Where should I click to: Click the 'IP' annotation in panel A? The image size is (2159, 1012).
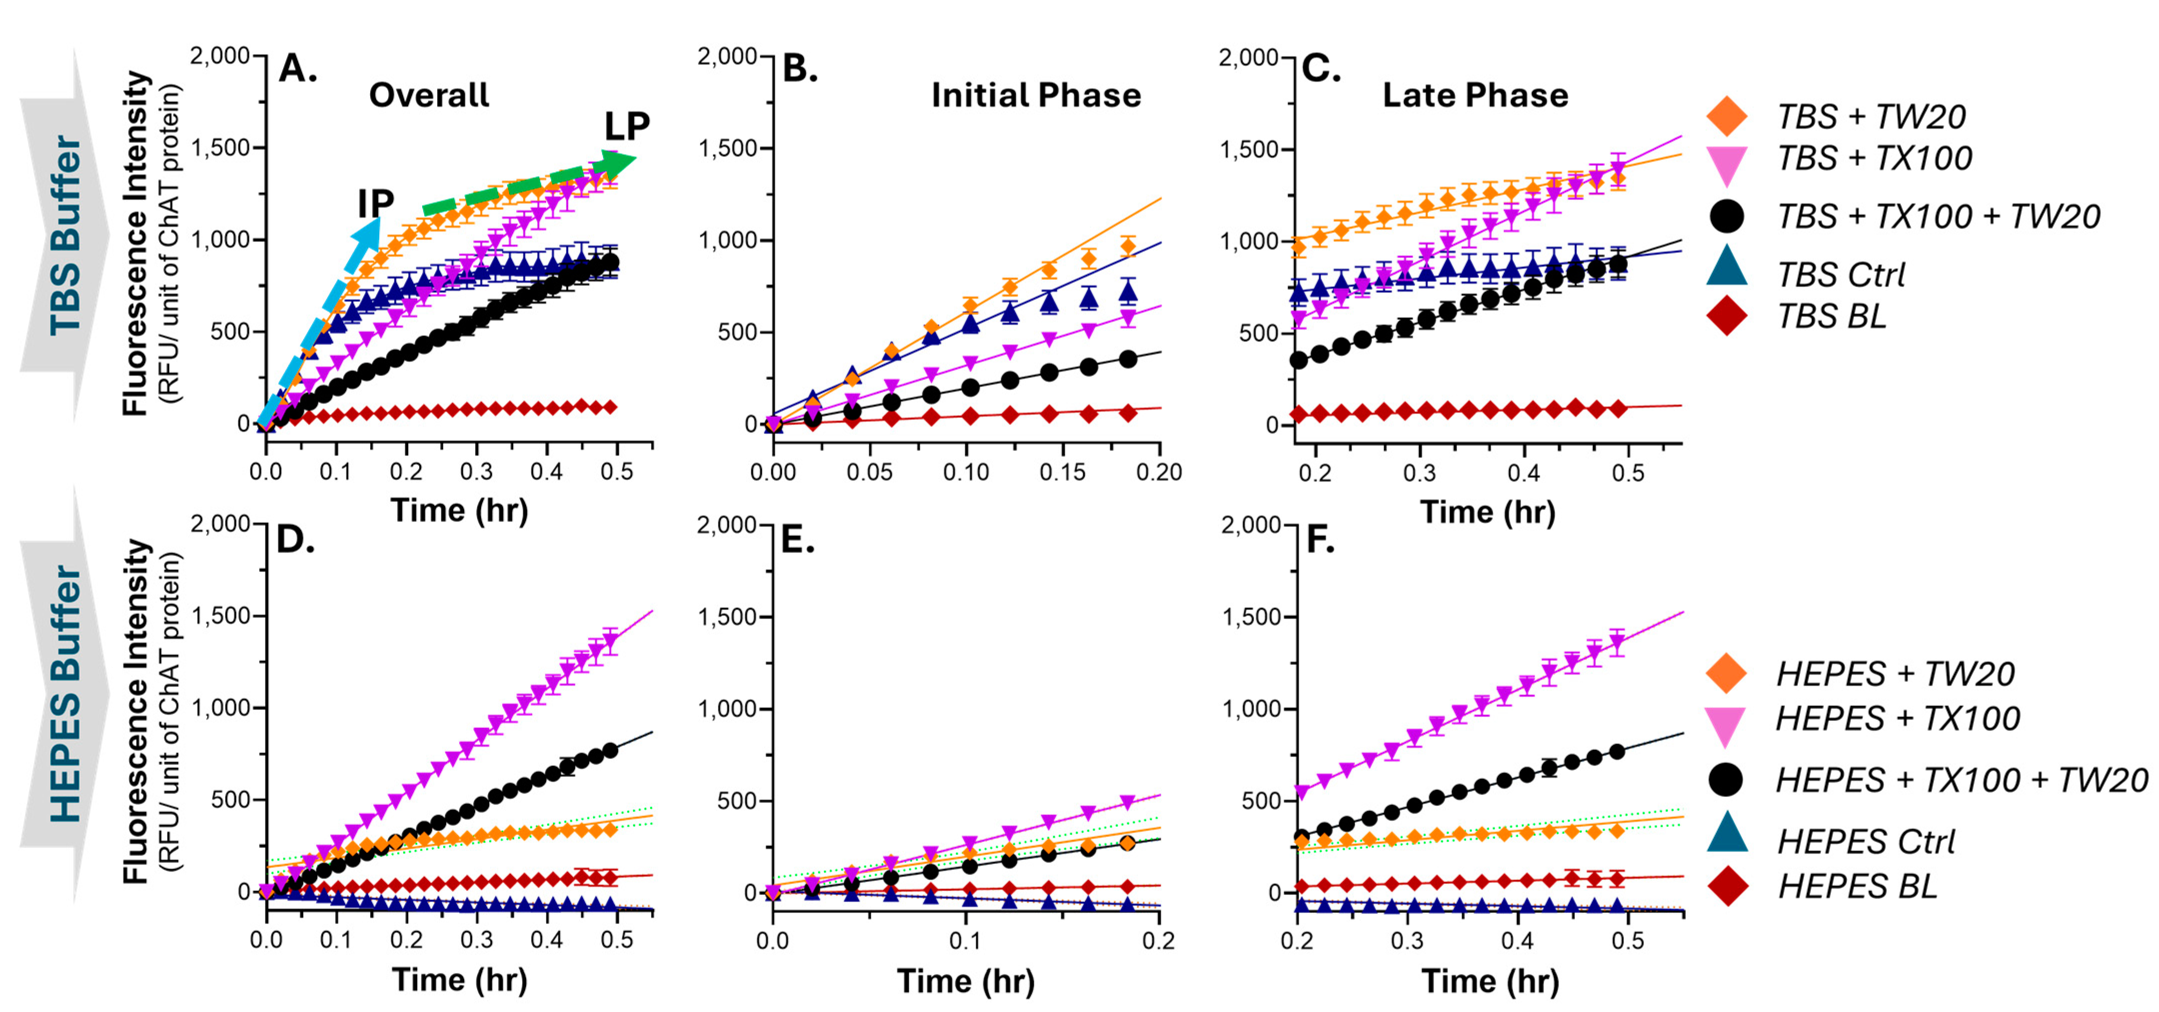click(x=375, y=203)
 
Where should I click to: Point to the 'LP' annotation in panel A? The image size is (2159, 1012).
click(x=627, y=126)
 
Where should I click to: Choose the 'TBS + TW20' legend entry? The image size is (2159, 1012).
click(x=1871, y=116)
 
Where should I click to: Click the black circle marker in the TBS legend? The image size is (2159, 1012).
click(x=1726, y=216)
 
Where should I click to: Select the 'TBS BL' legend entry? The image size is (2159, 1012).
click(x=1831, y=316)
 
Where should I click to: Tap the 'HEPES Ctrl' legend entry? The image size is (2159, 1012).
click(x=1866, y=841)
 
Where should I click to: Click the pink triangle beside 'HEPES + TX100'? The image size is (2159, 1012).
click(x=1726, y=724)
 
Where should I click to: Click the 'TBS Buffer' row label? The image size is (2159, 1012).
click(x=65, y=235)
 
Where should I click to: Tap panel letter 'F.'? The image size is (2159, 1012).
click(x=1320, y=541)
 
